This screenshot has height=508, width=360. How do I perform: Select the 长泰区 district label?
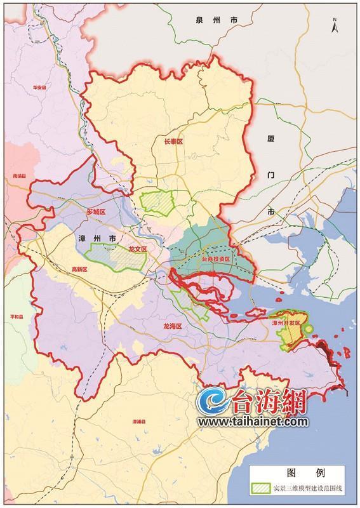click(x=173, y=143)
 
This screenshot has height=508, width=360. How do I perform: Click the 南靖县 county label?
click(x=18, y=179)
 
